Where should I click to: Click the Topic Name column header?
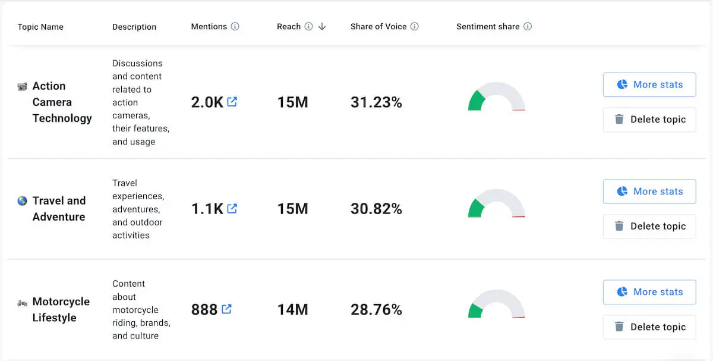pyautogui.click(x=40, y=27)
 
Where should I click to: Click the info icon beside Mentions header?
pyautogui.click(x=235, y=26)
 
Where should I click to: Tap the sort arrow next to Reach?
pyautogui.click(x=322, y=26)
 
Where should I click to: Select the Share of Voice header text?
pyautogui.click(x=378, y=26)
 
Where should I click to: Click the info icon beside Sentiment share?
pyautogui.click(x=528, y=26)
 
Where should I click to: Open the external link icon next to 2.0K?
pyautogui.click(x=232, y=102)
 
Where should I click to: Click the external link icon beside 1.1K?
pyautogui.click(x=232, y=208)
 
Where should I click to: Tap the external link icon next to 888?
pyautogui.click(x=226, y=309)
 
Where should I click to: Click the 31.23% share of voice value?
pyautogui.click(x=376, y=102)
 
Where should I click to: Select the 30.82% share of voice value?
pyautogui.click(x=376, y=209)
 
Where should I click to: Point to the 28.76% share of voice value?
pyautogui.click(x=376, y=309)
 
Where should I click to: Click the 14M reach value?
pyautogui.click(x=292, y=309)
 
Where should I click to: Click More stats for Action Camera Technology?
pyautogui.click(x=649, y=84)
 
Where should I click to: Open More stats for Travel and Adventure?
pyautogui.click(x=649, y=192)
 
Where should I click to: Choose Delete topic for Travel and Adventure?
pyautogui.click(x=649, y=226)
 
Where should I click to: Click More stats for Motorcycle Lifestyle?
pyautogui.click(x=649, y=292)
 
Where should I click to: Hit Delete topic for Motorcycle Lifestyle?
pyautogui.click(x=649, y=327)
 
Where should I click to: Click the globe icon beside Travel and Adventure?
pyautogui.click(x=22, y=201)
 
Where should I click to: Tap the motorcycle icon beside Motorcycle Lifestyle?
pyautogui.click(x=22, y=303)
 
